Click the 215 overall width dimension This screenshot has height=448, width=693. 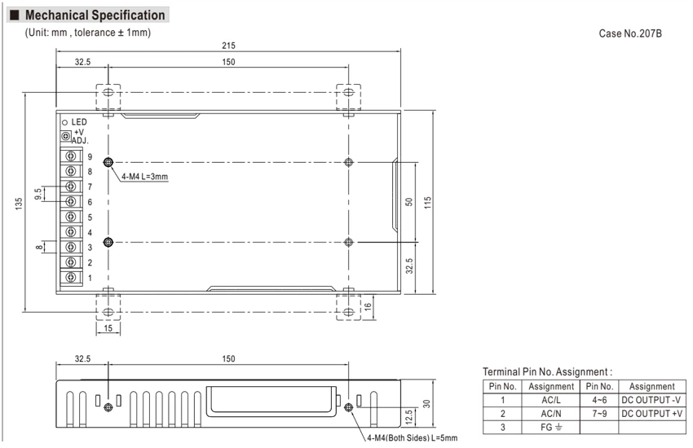[228, 46]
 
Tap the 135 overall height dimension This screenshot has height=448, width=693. [19, 204]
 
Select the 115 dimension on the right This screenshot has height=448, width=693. [427, 203]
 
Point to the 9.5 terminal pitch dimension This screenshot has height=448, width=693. [38, 194]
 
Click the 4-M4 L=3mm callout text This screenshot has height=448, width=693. [145, 177]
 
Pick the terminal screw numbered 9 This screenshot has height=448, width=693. [71, 156]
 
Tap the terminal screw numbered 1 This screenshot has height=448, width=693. [71, 277]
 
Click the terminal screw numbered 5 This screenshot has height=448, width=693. [71, 217]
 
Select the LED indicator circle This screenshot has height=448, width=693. [65, 122]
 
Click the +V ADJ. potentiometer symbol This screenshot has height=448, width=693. [66, 136]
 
